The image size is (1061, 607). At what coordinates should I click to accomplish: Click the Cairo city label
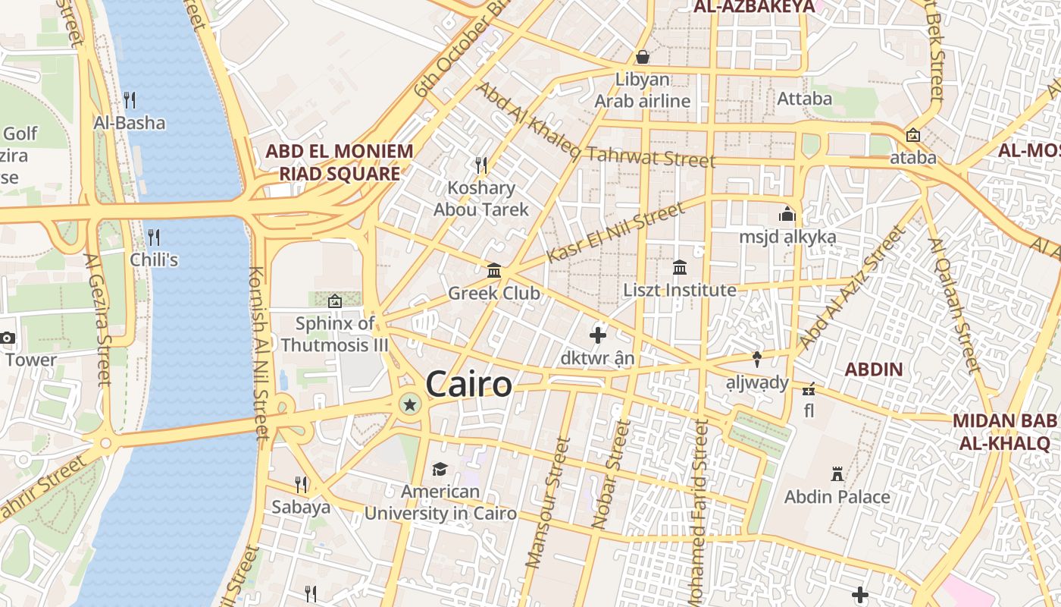click(x=468, y=384)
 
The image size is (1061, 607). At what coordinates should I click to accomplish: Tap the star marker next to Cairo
click(x=410, y=404)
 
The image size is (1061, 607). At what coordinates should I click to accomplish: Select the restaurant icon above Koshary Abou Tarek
click(x=480, y=165)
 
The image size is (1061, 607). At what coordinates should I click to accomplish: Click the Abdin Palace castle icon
click(x=837, y=474)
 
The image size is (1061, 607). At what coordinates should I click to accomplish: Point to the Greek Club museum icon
click(x=494, y=270)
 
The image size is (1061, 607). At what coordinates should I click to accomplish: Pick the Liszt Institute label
click(x=680, y=290)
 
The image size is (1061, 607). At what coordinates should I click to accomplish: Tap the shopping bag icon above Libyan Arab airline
click(x=642, y=57)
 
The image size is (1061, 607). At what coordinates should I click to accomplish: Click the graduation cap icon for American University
click(x=440, y=469)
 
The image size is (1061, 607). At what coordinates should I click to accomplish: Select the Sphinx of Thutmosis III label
click(x=334, y=335)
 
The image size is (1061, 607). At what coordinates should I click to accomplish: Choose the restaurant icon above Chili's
click(x=153, y=237)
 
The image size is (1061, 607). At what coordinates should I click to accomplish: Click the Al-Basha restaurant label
click(x=130, y=122)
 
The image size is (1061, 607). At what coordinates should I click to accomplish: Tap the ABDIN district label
click(x=874, y=370)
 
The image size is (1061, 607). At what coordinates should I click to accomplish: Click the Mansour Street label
click(x=547, y=502)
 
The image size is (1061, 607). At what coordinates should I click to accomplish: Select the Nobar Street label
click(x=611, y=475)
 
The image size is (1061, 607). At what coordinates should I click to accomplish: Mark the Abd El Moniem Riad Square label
click(x=340, y=162)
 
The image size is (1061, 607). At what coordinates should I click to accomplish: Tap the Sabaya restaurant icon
click(x=301, y=484)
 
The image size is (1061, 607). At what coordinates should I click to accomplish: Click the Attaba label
click(x=804, y=99)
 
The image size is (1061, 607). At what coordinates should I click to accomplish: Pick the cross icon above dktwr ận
click(x=598, y=334)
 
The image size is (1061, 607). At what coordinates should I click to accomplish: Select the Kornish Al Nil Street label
click(x=258, y=353)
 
